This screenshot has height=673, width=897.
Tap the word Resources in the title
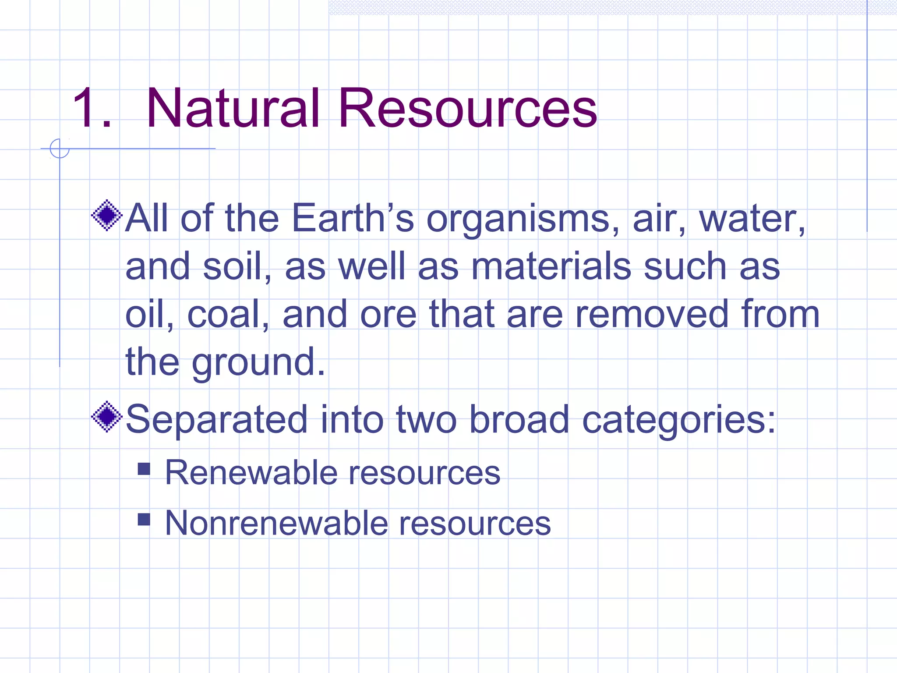467,108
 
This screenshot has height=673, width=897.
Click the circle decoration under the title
60,149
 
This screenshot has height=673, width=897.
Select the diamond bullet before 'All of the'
106,215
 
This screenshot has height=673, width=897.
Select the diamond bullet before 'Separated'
106,417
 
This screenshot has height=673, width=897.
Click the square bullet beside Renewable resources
144,469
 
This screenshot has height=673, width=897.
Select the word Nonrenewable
276,523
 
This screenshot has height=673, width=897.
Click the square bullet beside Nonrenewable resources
144,520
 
